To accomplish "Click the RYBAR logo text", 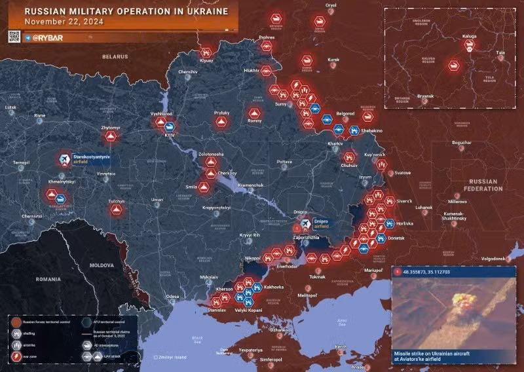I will (x=48, y=37).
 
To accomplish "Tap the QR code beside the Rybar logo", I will (x=14, y=36).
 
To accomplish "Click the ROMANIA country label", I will (x=48, y=279).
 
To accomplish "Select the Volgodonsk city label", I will (x=501, y=259).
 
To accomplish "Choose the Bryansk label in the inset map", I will (x=424, y=96).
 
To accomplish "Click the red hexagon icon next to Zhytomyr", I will (x=111, y=136).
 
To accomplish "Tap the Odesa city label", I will (x=172, y=297).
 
